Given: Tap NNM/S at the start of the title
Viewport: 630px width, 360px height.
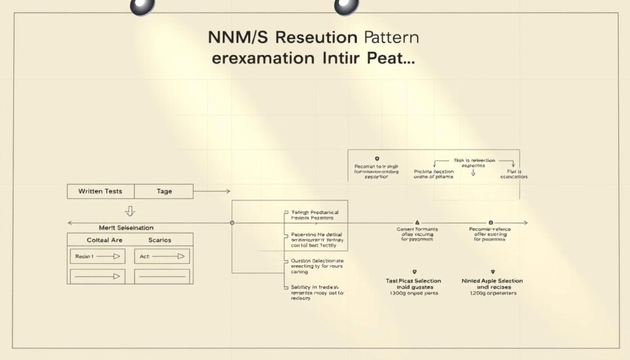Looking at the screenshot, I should [238, 38].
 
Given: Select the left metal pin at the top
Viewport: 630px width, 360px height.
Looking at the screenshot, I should [142, 6].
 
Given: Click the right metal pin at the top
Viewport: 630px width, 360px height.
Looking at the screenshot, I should [345, 6].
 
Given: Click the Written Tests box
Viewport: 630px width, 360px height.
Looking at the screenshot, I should [100, 191].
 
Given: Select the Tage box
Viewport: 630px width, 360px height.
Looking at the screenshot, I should [164, 191].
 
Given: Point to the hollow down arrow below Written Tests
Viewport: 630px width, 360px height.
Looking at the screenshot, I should [129, 211].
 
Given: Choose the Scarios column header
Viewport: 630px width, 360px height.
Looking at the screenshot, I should [160, 240].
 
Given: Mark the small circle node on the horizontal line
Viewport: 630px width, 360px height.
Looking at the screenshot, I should [232, 222].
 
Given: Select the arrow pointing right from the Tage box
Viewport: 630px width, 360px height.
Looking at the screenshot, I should [212, 191].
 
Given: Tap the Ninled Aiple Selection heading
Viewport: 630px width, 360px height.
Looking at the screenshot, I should [492, 281].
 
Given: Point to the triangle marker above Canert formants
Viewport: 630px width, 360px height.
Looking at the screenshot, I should [417, 222].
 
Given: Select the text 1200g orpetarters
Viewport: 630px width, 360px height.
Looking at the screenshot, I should [492, 294].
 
